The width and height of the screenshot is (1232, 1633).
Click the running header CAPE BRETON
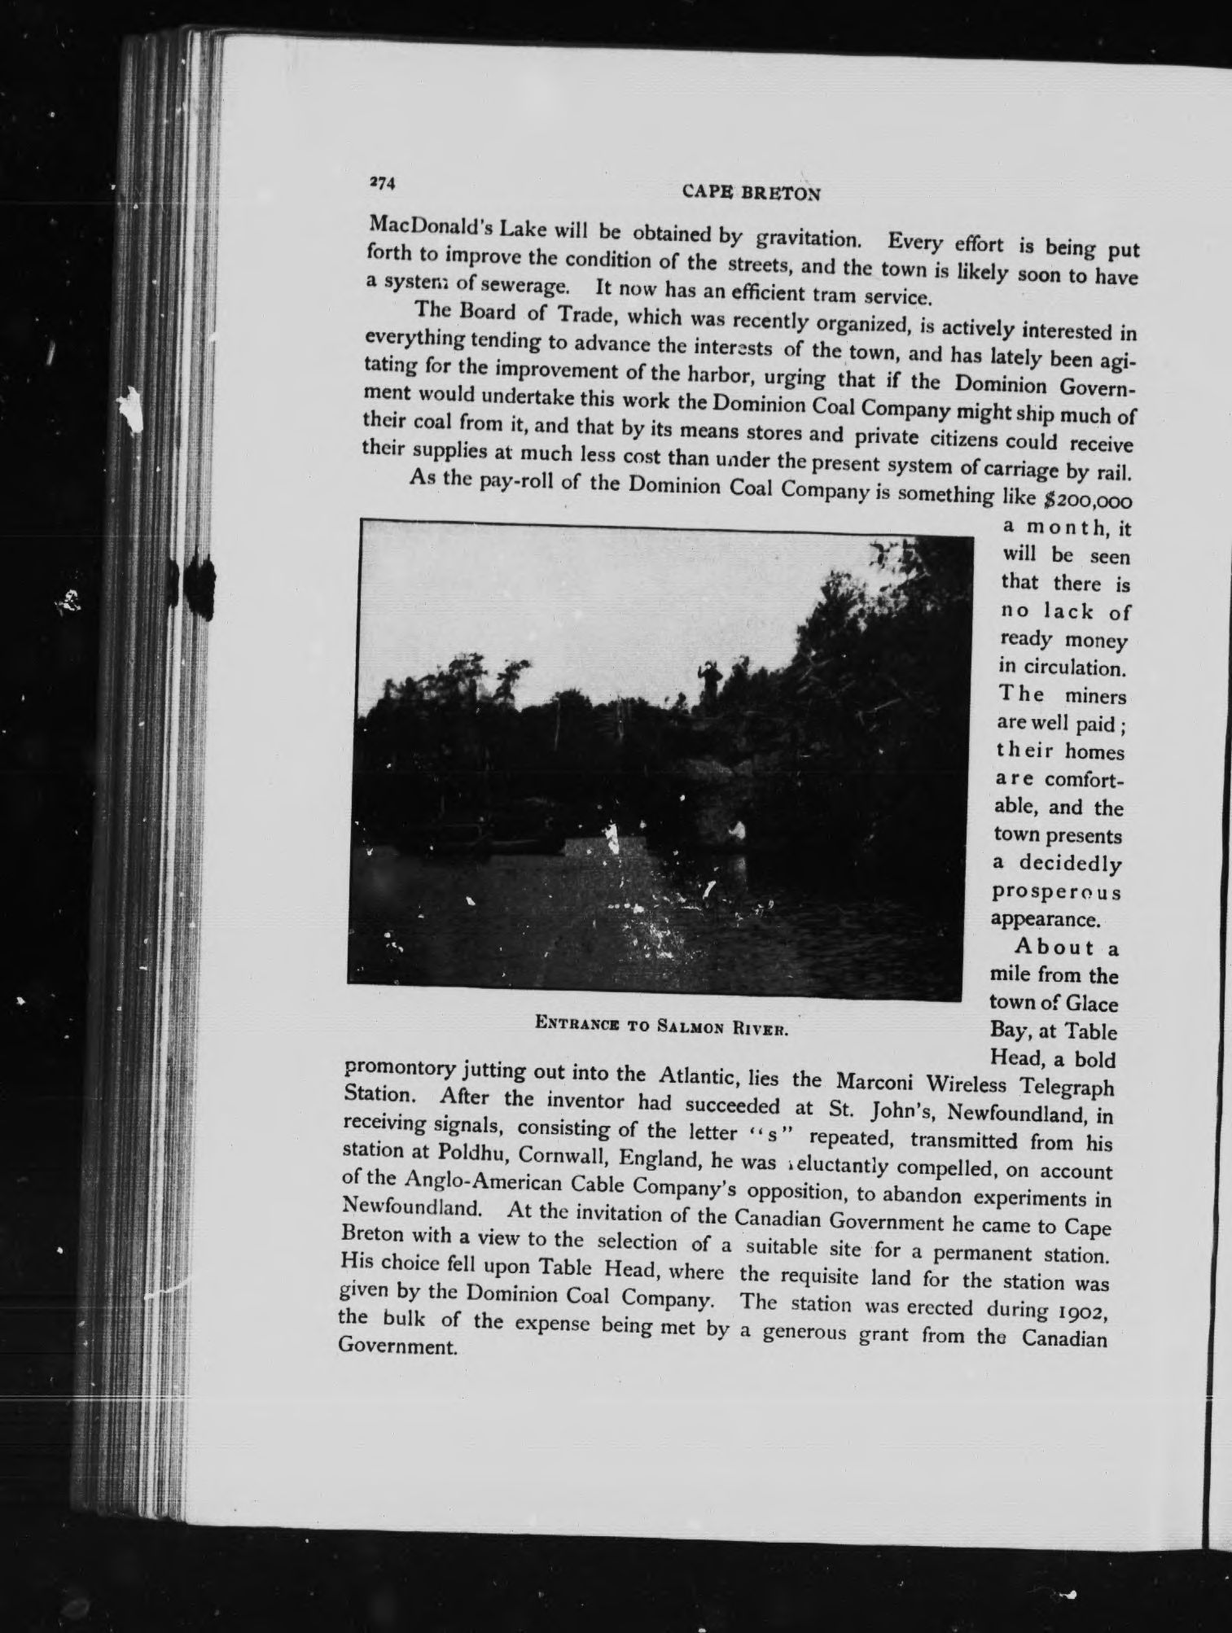coord(751,193)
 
